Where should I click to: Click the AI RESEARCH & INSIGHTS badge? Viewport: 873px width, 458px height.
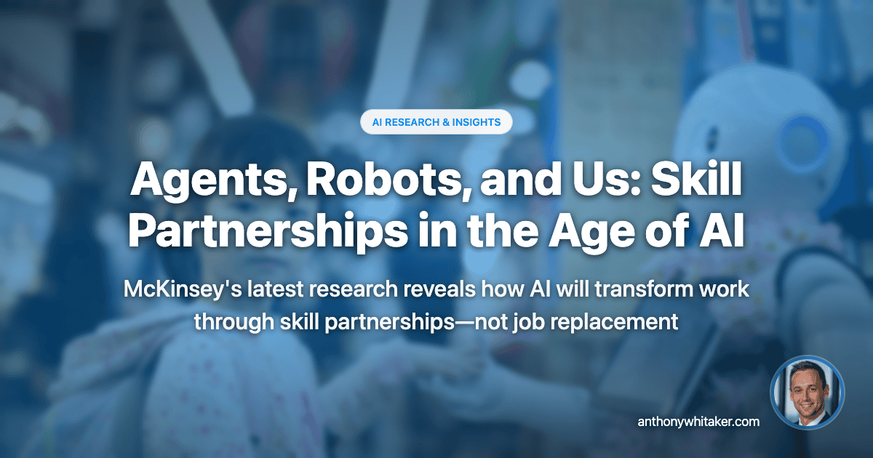[436, 122]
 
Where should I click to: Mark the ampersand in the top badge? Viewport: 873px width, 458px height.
[447, 122]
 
